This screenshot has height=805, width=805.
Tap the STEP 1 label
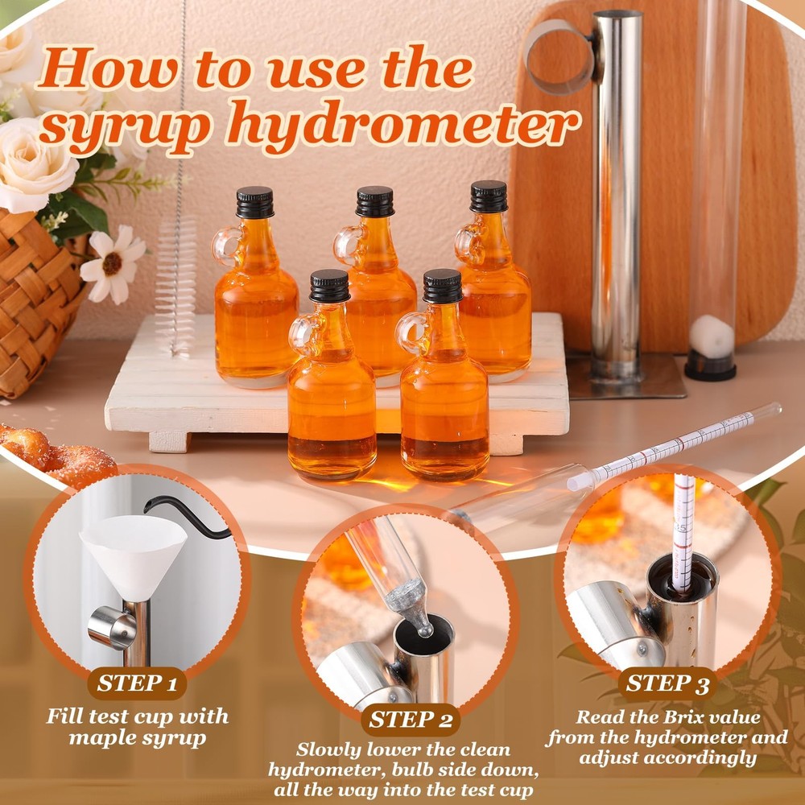138,684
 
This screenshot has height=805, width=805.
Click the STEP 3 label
667,683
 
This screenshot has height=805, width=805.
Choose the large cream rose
36,165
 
